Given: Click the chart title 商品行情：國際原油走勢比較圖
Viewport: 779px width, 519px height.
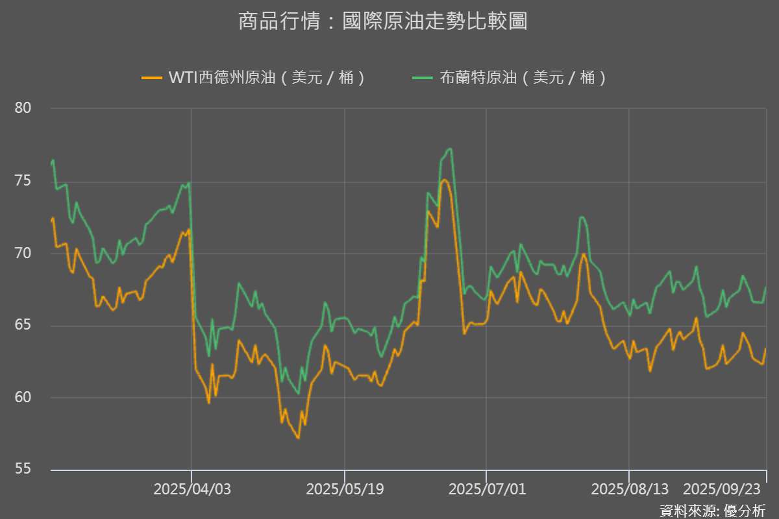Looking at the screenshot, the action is (x=383, y=21).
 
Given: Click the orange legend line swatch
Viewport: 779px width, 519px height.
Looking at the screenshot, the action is (x=152, y=77).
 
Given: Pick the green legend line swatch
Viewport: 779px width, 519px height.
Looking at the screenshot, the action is (x=422, y=77).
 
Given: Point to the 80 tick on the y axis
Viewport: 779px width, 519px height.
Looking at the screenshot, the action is (x=23, y=108).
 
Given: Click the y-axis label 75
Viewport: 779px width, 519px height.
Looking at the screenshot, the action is (x=23, y=181).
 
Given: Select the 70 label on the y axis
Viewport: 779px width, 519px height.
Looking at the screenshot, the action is (x=23, y=253).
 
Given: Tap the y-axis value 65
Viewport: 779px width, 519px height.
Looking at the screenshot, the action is (x=23, y=324).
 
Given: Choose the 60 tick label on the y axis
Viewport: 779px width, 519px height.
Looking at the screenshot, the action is (x=23, y=397).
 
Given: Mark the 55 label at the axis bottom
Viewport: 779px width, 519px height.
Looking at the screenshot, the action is (x=23, y=469).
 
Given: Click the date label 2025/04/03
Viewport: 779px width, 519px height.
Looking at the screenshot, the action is (x=192, y=489).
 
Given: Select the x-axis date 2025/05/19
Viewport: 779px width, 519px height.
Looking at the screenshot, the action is (x=345, y=489).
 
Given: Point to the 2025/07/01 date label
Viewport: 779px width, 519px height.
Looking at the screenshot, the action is (x=487, y=489).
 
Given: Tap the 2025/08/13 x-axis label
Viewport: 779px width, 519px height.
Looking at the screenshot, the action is (x=630, y=489).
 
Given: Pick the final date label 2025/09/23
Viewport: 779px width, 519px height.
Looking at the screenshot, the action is (x=722, y=489).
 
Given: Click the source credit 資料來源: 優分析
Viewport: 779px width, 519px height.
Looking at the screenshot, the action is (x=712, y=511).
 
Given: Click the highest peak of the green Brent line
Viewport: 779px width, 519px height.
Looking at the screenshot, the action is (x=450, y=149).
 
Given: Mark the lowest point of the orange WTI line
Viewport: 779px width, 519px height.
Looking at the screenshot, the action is (x=298, y=438).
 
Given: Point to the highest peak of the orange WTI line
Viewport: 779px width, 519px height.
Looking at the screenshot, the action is (x=444, y=180).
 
